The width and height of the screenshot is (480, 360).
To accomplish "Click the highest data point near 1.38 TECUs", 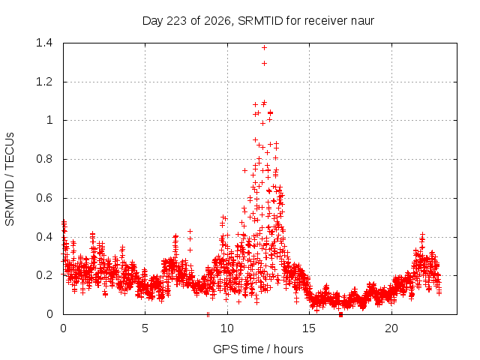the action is (x=264, y=47).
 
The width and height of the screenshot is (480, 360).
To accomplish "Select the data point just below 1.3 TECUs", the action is (x=264, y=63).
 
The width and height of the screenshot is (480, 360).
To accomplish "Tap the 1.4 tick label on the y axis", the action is (x=44, y=43).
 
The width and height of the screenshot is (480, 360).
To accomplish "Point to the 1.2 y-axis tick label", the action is (x=44, y=82).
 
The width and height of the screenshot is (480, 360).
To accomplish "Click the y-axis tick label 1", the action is (x=49, y=120).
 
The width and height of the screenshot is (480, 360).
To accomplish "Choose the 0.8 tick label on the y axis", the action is (x=44, y=159).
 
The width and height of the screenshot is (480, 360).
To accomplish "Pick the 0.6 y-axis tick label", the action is (x=44, y=198).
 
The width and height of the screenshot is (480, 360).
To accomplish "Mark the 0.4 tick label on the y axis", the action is (x=44, y=237).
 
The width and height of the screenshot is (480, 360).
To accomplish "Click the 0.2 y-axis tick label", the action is (x=44, y=275).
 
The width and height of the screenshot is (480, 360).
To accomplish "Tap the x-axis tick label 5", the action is (x=145, y=328).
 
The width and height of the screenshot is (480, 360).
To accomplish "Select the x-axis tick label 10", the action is (x=227, y=328).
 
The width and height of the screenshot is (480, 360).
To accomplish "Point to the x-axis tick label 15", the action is (x=309, y=328).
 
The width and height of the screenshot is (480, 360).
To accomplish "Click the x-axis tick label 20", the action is (x=391, y=328).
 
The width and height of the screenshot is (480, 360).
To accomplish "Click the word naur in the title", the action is (x=363, y=21).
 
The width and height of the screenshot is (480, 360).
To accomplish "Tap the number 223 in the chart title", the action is (x=177, y=21).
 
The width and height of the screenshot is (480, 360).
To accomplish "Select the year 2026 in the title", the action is (x=217, y=21).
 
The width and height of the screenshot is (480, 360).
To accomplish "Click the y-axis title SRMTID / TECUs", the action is (x=10, y=179).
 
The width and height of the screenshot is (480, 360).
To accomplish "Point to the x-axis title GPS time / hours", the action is (x=258, y=349).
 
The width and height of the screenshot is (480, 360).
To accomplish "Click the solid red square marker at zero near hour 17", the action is (x=340, y=315).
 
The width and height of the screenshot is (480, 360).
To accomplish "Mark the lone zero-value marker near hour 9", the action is (x=208, y=314).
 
